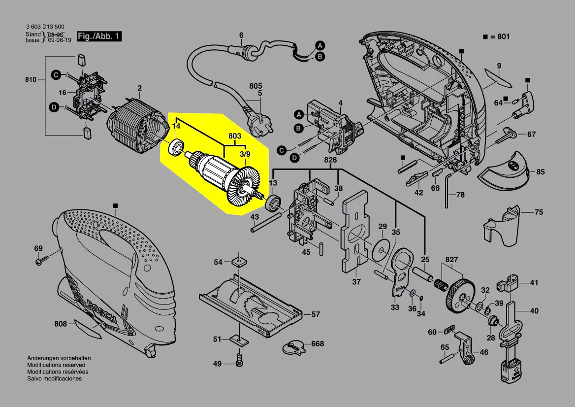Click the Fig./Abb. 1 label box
(x=99, y=37)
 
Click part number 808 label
(x=61, y=324)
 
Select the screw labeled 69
(x=39, y=262)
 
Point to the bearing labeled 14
(x=176, y=147)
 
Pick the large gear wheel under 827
(x=459, y=296)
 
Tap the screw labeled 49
(x=239, y=361)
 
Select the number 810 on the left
(x=31, y=79)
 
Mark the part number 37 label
(x=356, y=282)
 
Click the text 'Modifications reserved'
(x=56, y=365)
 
